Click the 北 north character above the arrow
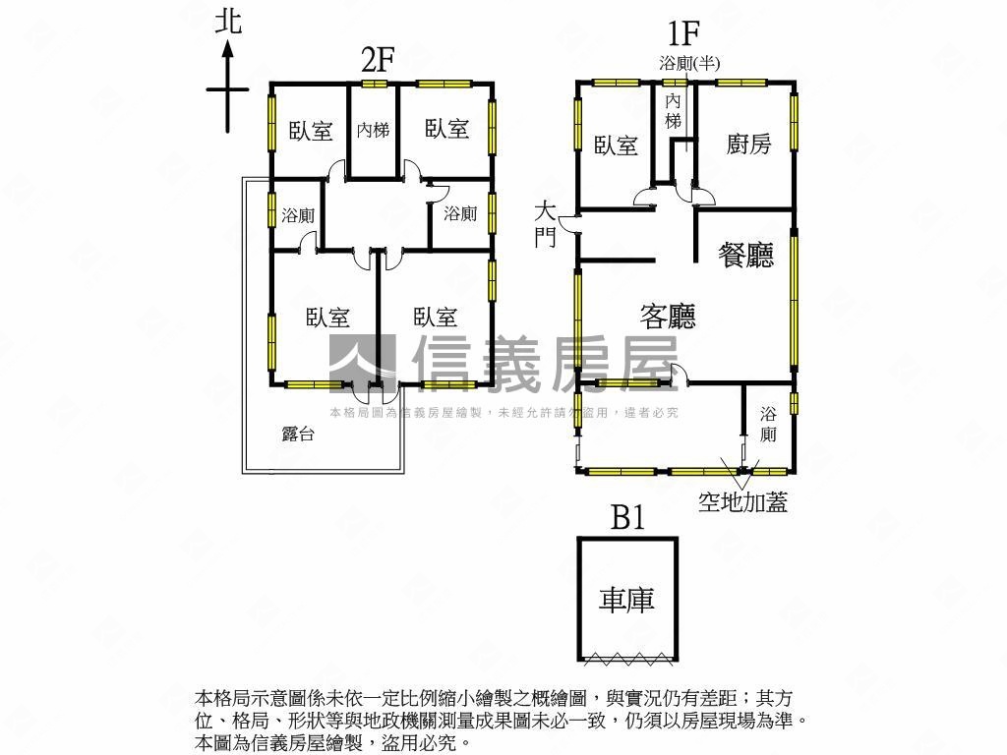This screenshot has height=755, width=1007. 228,22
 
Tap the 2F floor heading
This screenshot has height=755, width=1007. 377,61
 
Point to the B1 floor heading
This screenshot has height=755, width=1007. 627,517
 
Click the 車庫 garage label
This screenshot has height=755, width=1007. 626,600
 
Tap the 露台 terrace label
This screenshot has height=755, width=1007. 298,434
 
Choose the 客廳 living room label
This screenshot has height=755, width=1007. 668,316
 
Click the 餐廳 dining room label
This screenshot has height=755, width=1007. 745,255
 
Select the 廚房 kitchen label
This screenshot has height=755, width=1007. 748,144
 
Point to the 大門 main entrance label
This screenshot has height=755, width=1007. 545,225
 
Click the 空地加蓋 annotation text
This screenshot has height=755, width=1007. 742,501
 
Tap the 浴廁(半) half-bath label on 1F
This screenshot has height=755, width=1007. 689,63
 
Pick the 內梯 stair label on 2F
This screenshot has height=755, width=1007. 373,131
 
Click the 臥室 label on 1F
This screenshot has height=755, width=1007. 616,145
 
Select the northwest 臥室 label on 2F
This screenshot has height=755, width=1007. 311,131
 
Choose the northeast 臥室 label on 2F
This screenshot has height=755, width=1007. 447,129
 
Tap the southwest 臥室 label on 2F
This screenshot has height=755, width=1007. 327,318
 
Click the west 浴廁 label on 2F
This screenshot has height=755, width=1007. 298,215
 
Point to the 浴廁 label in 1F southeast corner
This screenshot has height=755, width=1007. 768,424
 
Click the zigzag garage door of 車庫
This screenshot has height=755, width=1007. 627,658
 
